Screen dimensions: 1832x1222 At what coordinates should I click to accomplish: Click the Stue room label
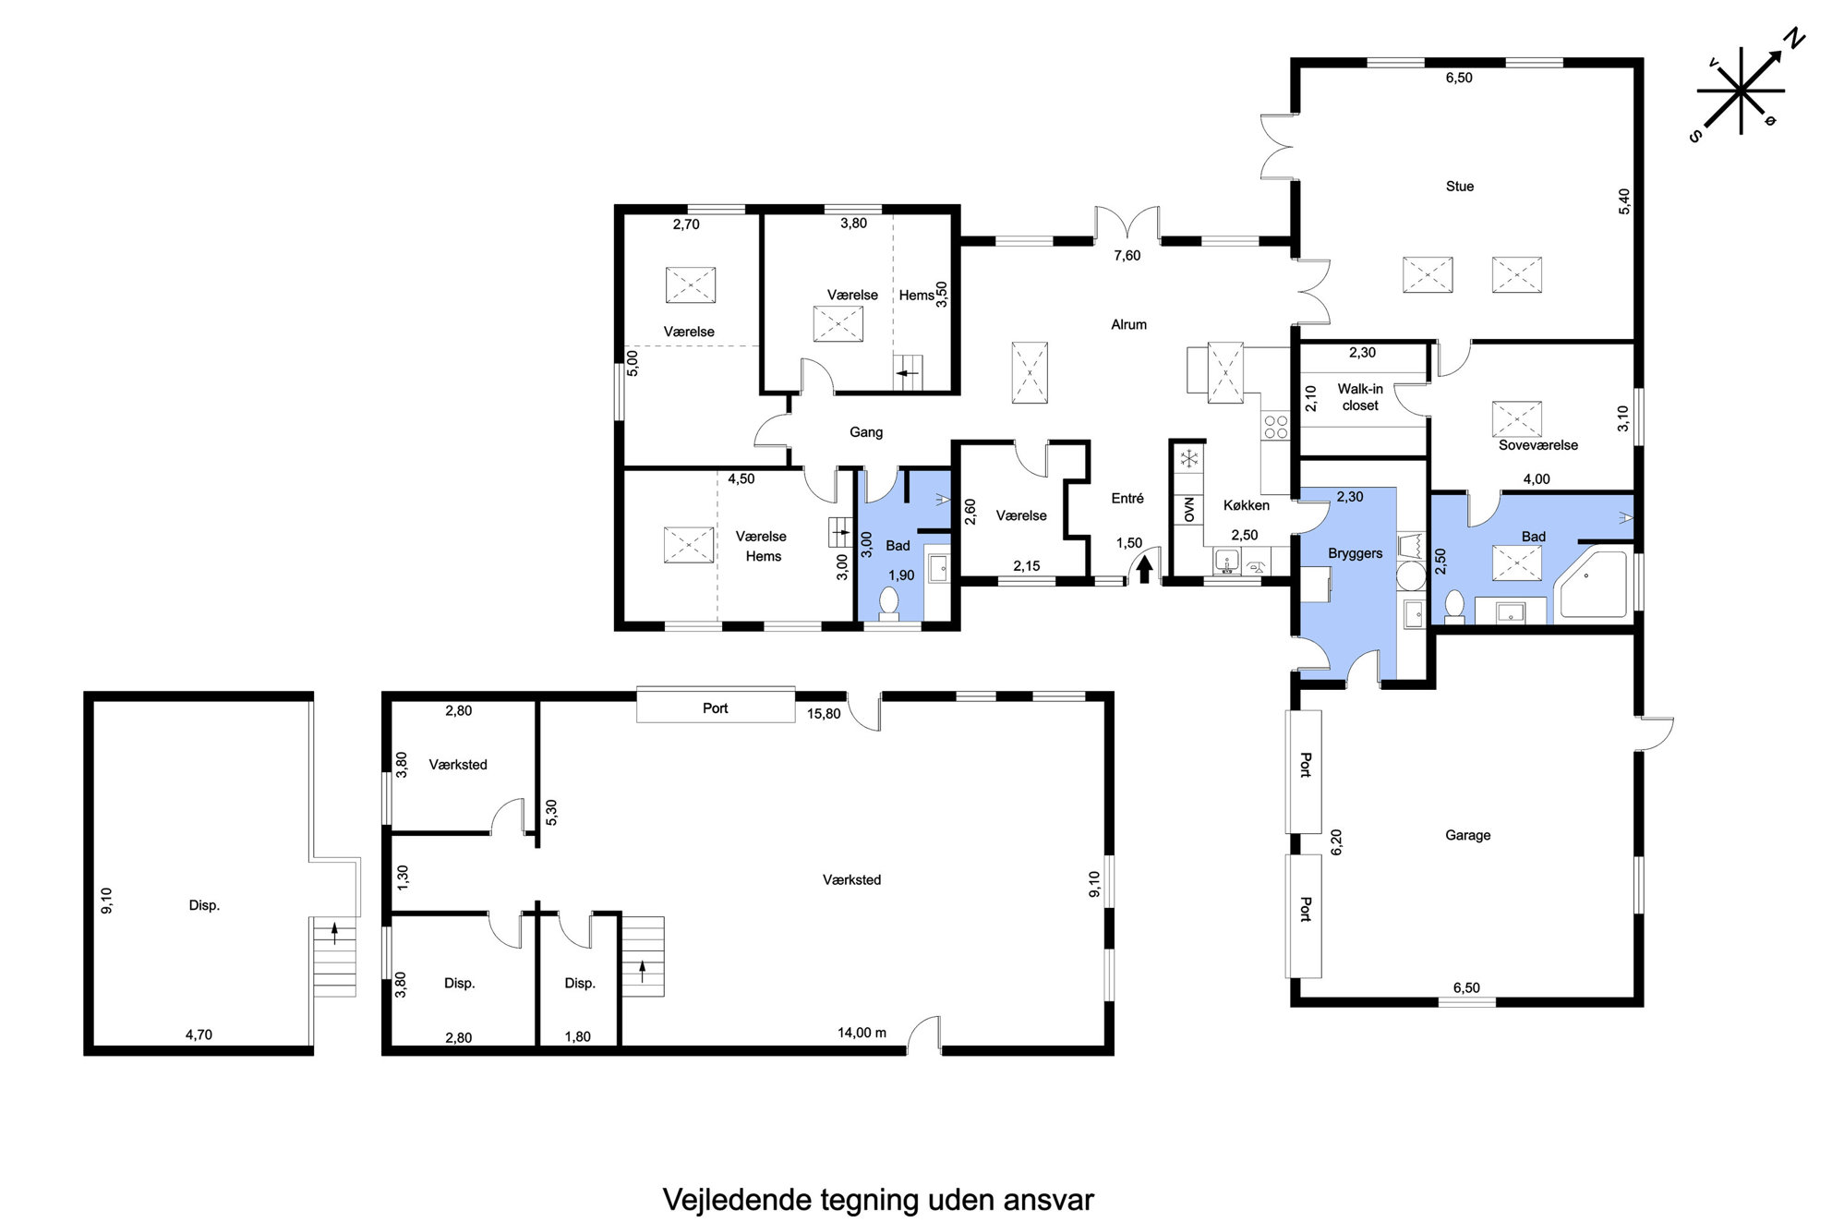coord(1459,187)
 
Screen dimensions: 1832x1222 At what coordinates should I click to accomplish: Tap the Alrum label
coord(1128,325)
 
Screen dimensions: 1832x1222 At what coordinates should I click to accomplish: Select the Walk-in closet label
coord(1360,397)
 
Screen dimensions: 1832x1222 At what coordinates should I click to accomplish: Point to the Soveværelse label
coord(1537,445)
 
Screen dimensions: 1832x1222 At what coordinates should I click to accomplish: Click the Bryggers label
coord(1355,554)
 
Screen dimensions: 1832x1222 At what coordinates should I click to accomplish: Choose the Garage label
coord(1467,836)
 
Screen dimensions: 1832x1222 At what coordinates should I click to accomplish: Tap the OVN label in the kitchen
coord(1188,509)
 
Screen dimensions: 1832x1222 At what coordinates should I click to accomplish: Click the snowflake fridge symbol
coord(1189,458)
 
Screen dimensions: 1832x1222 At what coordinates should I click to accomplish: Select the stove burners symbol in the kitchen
coord(1275,427)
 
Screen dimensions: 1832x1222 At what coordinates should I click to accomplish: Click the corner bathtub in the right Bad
coord(1592,586)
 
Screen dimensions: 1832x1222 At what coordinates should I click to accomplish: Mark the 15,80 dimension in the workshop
coord(823,714)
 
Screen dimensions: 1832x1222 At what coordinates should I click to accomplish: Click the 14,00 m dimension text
coord(862,1033)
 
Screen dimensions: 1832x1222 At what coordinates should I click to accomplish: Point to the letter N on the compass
coord(1793,39)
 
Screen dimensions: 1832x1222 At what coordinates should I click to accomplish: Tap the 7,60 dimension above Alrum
coord(1127,256)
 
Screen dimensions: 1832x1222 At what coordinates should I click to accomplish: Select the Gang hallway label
coord(866,432)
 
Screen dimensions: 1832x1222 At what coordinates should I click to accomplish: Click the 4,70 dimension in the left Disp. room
coord(199,1035)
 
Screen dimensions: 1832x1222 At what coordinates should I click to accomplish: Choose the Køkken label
coord(1246,505)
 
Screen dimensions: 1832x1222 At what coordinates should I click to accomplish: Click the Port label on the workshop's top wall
coord(715,708)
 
